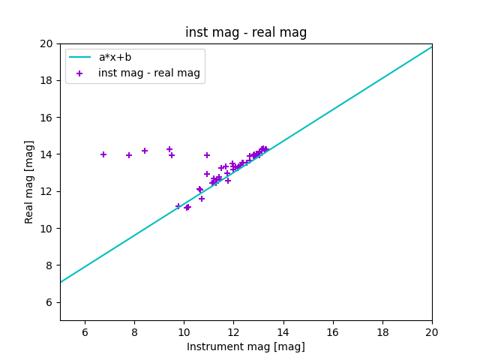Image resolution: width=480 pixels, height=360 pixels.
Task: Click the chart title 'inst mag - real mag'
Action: [246, 32]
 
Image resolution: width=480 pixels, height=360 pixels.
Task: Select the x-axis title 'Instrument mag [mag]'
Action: [246, 346]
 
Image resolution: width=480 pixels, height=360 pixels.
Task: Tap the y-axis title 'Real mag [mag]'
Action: [30, 181]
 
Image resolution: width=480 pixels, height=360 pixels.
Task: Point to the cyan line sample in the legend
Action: [79, 57]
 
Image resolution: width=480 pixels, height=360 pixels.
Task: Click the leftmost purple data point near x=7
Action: [103, 154]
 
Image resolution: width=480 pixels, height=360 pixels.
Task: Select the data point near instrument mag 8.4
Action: [145, 151]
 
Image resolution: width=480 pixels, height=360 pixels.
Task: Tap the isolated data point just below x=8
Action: [129, 155]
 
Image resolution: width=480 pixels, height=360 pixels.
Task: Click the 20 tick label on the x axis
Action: [432, 332]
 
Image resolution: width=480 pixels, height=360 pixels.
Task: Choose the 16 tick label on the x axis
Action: [333, 332]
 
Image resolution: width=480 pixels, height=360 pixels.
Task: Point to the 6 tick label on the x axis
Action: [85, 332]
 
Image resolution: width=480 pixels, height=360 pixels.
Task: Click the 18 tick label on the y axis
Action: [46, 80]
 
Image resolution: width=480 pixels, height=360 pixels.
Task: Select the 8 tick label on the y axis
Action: [49, 265]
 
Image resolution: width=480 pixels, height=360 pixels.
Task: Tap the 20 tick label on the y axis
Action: [46, 43]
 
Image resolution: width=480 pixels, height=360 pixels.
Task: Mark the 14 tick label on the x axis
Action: [283, 332]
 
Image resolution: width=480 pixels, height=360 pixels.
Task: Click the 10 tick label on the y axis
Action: [46, 229]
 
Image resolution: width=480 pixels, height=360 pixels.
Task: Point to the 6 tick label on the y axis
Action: [49, 302]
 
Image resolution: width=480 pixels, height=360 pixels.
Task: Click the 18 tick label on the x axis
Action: [382, 332]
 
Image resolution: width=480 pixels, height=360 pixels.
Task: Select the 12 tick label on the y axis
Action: [46, 191]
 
